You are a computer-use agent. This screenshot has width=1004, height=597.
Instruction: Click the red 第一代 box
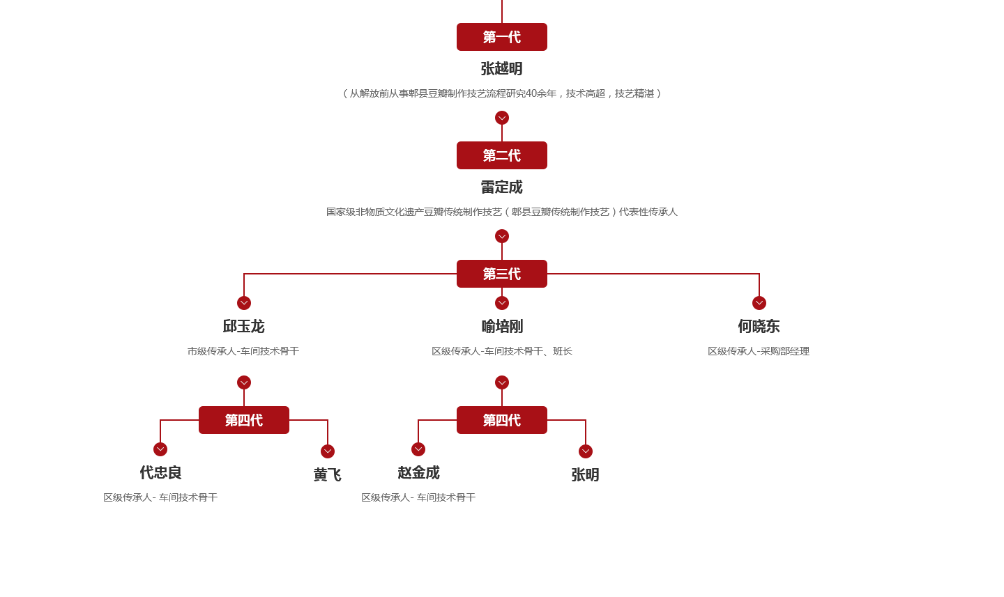click(x=502, y=37)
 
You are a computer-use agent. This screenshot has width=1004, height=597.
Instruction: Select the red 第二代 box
click(x=502, y=155)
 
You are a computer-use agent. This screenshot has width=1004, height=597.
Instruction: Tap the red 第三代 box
click(x=502, y=274)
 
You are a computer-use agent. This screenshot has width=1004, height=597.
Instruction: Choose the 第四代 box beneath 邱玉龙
click(x=244, y=420)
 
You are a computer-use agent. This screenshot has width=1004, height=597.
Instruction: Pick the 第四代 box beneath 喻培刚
click(x=502, y=420)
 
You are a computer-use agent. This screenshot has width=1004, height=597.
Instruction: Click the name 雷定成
click(x=502, y=187)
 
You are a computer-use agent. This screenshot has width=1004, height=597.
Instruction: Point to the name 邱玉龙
click(x=244, y=326)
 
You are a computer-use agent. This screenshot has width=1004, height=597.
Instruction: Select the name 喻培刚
click(x=502, y=326)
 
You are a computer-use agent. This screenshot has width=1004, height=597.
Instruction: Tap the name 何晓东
click(x=759, y=326)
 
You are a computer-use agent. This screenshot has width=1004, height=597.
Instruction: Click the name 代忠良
click(x=160, y=472)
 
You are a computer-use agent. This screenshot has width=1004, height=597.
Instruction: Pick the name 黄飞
click(x=328, y=474)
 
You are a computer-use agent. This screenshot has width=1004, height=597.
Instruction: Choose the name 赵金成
click(x=418, y=472)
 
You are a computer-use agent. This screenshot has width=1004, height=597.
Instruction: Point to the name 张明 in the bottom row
click(x=586, y=474)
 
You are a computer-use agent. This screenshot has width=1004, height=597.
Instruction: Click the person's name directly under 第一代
click(x=502, y=68)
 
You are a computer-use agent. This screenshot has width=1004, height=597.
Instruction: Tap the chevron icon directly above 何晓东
click(x=759, y=303)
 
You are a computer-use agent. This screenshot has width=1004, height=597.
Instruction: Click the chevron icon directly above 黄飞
click(x=328, y=451)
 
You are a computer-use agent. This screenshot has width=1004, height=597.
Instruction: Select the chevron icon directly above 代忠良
click(x=160, y=449)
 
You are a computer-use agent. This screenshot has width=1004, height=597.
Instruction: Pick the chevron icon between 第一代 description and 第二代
click(x=502, y=118)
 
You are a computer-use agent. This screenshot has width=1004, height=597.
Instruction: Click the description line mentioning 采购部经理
click(x=759, y=351)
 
